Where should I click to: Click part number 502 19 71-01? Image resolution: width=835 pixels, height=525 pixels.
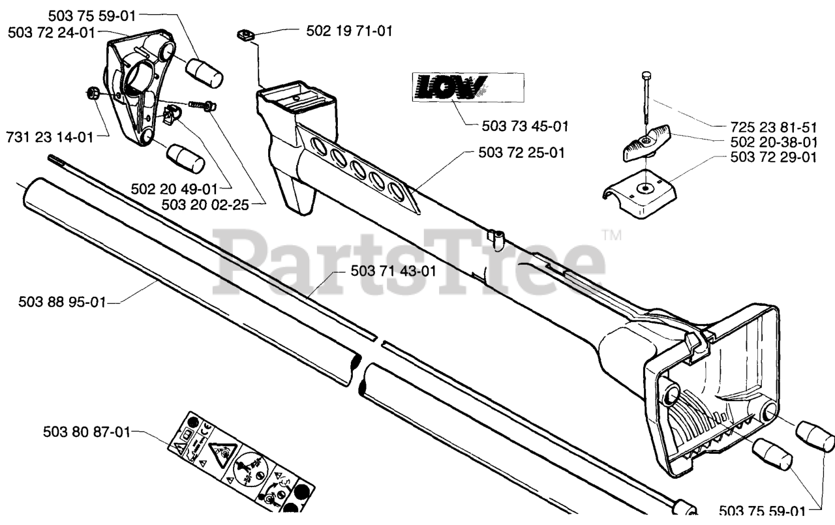(x=349, y=30)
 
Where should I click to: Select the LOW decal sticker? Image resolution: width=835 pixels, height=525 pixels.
(x=467, y=87)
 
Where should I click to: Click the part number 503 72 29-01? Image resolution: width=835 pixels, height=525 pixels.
(x=773, y=157)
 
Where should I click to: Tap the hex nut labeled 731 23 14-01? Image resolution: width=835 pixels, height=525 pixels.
(x=93, y=93)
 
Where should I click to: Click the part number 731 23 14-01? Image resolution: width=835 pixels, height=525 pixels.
(x=48, y=137)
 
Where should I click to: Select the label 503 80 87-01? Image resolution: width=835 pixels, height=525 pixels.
(x=87, y=431)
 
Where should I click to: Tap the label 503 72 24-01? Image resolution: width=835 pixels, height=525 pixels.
(x=52, y=32)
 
